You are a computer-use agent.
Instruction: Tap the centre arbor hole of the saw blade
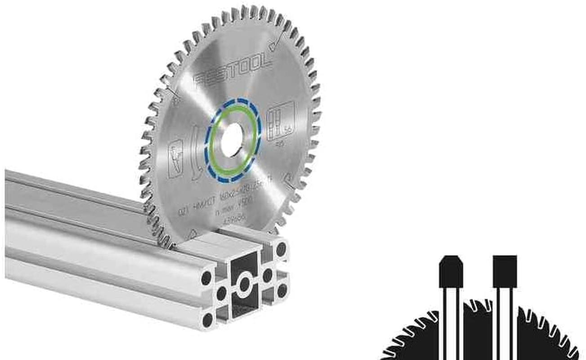coord(232,140)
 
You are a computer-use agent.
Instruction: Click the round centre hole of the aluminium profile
coord(245,284)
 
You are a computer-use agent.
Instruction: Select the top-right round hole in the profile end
coord(281,249)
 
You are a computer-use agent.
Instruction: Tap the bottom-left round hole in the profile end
coord(207,319)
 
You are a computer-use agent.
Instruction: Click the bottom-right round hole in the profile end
coord(282,291)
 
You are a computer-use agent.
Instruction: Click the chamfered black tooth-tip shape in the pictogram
coord(451,271)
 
